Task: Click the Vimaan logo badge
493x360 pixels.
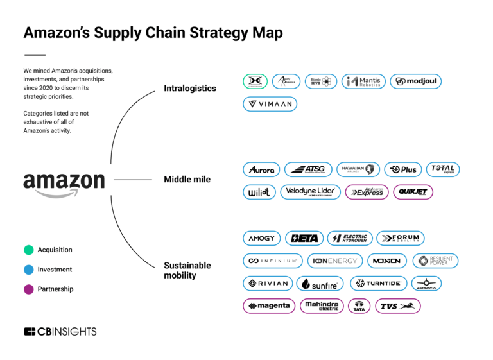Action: coord(270,104)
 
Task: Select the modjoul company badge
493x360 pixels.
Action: coord(415,81)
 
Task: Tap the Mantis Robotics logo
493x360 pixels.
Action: coord(363,81)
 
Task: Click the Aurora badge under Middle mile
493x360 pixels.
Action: coord(261,169)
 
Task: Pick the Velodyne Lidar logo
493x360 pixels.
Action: coord(310,192)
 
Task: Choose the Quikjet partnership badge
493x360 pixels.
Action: coord(413,192)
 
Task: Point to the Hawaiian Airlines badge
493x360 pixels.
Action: coord(358,169)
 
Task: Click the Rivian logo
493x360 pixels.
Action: coord(268,283)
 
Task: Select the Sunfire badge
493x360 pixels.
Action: coord(320,283)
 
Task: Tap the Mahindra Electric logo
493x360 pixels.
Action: coord(322,305)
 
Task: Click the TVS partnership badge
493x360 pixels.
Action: coord(397,305)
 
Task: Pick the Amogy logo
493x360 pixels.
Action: coord(261,238)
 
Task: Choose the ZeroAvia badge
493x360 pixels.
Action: coord(426,283)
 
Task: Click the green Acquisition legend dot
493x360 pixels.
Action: coord(28,250)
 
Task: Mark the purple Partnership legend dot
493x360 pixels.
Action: coord(28,289)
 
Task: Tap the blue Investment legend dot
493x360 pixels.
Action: coord(28,270)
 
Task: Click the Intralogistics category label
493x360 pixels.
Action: coord(190,88)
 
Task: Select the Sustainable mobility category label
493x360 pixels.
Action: coord(187,270)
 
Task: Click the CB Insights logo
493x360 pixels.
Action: coord(60,332)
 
